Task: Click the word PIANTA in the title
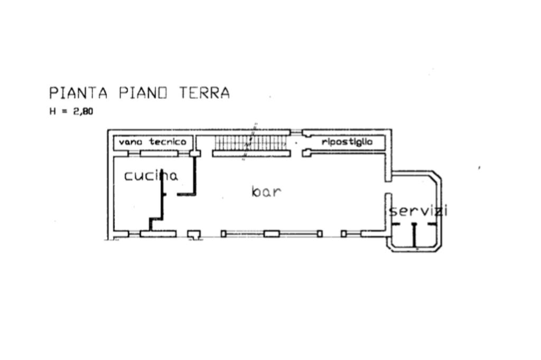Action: [78, 93]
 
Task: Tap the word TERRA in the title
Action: [204, 93]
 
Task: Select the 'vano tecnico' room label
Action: [152, 142]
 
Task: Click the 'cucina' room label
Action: [151, 176]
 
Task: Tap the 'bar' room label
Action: [266, 192]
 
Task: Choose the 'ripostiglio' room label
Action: [347, 142]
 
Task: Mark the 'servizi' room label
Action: [418, 211]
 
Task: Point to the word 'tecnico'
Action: [167, 142]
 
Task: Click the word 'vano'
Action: [129, 142]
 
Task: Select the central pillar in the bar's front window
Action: [272, 233]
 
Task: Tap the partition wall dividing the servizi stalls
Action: [415, 235]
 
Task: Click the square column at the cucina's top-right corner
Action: [195, 154]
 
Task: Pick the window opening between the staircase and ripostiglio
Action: [296, 132]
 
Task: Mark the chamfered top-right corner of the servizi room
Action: [436, 176]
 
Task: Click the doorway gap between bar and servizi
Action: [388, 187]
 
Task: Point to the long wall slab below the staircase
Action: [251, 154]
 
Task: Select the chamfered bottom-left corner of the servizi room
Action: [390, 247]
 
